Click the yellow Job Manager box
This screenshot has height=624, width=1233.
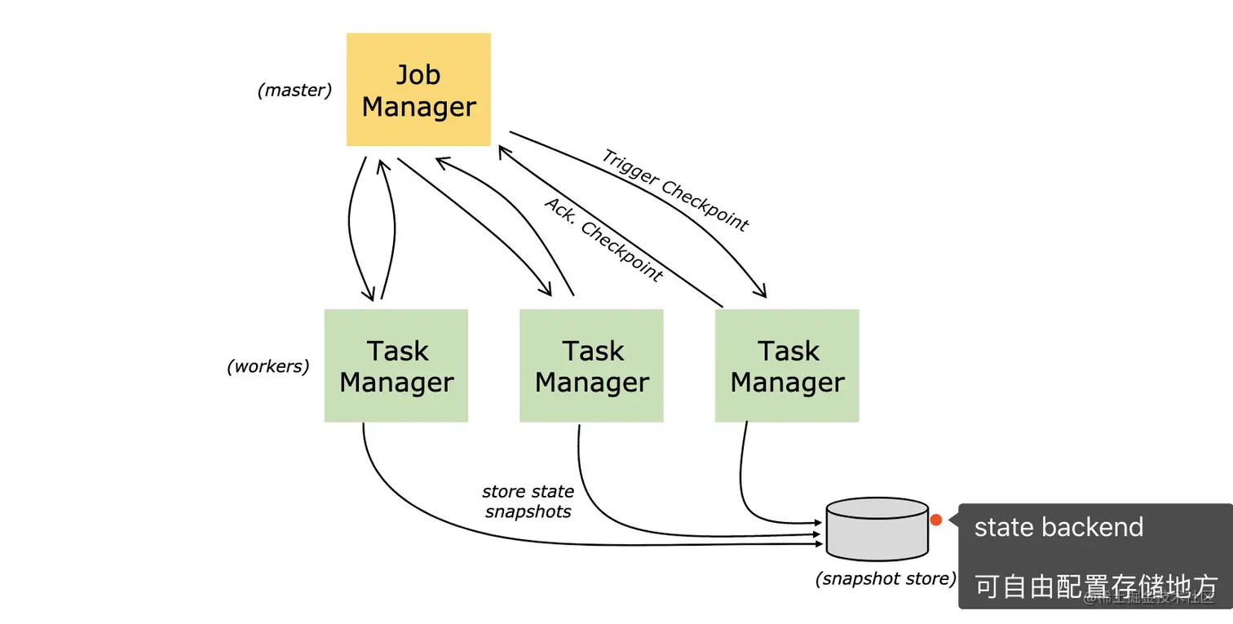point(418,90)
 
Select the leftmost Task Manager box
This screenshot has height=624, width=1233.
point(396,365)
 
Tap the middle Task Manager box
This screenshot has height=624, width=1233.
point(591,365)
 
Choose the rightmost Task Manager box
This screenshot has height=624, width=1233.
point(787,365)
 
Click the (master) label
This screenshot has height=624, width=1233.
point(294,91)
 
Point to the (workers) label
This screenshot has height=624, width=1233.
point(267,366)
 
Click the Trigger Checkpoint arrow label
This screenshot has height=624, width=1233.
point(674,190)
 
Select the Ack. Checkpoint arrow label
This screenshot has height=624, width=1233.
point(603,239)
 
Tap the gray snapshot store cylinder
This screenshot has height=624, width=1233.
point(877,529)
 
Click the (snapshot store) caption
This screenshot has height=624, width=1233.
point(886,579)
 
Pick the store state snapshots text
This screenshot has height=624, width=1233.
point(528,502)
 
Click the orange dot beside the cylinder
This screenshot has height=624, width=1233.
point(936,520)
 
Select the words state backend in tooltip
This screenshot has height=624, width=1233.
point(1058,527)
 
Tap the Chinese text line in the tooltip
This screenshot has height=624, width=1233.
point(1095,586)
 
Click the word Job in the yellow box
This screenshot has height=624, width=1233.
point(418,74)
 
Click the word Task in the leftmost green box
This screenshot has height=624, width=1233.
point(397,351)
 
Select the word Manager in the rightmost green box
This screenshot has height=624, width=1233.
point(787,383)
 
